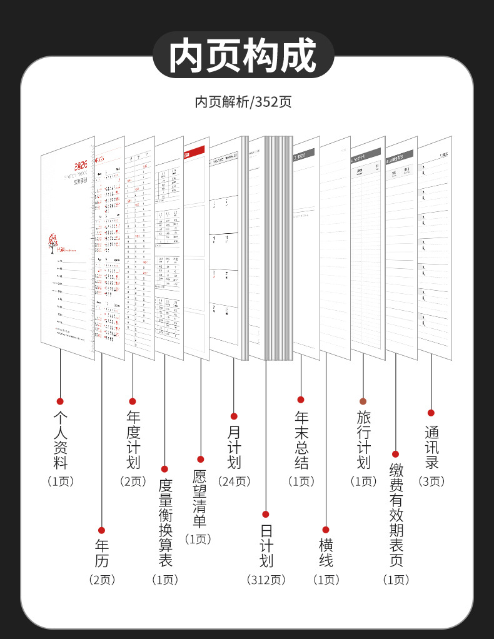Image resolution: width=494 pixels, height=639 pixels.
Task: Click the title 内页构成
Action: click(244, 56)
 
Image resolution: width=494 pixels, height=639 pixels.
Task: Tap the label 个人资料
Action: click(61, 439)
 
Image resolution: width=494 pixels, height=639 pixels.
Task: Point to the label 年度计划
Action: click(133, 439)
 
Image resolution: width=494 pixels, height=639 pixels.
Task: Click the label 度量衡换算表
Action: click(165, 523)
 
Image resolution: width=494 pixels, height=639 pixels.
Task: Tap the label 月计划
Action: click(234, 447)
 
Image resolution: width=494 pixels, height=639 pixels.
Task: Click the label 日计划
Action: click(266, 545)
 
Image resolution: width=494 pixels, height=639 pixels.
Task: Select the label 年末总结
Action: click(301, 439)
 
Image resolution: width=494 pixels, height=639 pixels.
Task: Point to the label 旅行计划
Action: click(363, 439)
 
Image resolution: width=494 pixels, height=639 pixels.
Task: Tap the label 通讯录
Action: click(431, 447)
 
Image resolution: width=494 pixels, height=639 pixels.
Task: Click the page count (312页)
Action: click(266, 580)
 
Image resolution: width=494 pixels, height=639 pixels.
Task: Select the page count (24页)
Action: click(234, 481)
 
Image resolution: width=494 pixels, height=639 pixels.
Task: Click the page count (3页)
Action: click(431, 481)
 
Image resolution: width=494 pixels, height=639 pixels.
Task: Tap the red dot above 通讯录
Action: click(431, 413)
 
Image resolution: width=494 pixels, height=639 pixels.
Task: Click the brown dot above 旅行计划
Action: click(363, 401)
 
